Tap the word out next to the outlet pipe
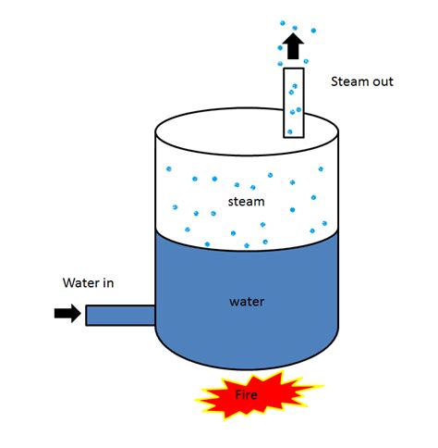pyautogui.click(x=383, y=81)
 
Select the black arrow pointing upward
pyautogui.click(x=294, y=46)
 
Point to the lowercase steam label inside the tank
pyautogui.click(x=247, y=201)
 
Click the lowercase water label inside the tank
pyautogui.click(x=247, y=301)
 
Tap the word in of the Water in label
pyautogui.click(x=108, y=283)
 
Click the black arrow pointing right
pyautogui.click(x=67, y=314)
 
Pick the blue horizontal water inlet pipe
pyautogui.click(x=120, y=315)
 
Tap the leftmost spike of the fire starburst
pyautogui.click(x=197, y=400)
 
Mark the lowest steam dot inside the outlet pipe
pyautogui.click(x=289, y=131)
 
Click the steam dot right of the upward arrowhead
pyautogui.click(x=310, y=39)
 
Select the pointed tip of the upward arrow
pyautogui.click(x=294, y=34)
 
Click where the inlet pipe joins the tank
pyautogui.click(x=154, y=315)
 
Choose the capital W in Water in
pyautogui.click(x=68, y=283)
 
